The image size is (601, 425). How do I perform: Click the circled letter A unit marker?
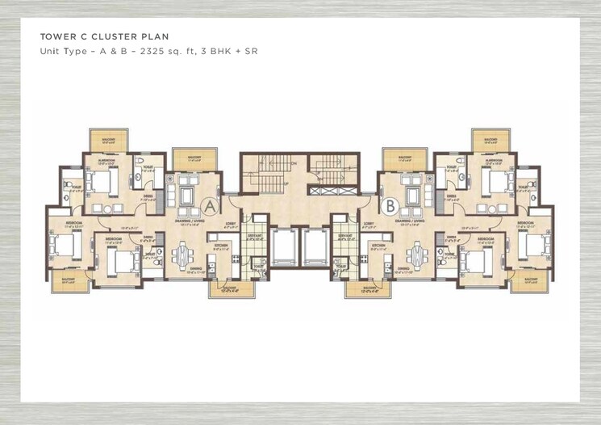click(x=210, y=206)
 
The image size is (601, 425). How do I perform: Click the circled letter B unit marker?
click(x=390, y=206)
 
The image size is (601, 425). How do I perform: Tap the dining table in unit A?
click(x=184, y=255)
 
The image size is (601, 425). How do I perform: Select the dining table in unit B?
click(x=416, y=255)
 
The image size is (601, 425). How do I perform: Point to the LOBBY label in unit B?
click(x=369, y=221)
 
